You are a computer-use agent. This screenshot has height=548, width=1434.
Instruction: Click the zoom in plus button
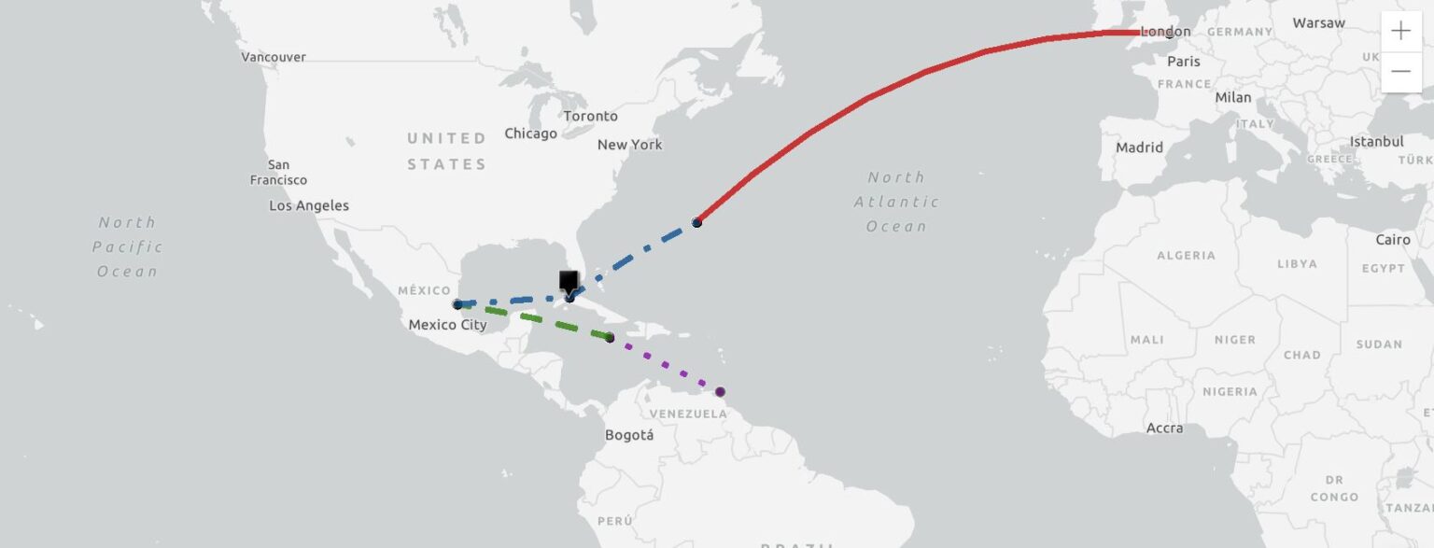1400,31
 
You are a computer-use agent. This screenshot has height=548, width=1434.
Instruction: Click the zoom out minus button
1400,71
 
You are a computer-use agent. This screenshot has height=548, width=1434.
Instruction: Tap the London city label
1166,32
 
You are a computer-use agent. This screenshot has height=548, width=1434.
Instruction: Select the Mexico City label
447,325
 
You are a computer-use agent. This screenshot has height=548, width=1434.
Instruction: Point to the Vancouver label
274,57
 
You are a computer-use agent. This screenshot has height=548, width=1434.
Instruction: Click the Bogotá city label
629,435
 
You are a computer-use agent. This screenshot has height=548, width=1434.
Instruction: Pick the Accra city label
1164,429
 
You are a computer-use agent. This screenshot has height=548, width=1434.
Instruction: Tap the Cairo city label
1393,240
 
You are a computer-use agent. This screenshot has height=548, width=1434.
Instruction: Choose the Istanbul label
1376,142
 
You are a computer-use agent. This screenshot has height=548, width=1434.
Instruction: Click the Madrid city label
1139,148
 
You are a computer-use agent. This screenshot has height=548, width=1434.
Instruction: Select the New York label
629,145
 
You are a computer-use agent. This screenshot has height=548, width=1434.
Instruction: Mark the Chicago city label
530,133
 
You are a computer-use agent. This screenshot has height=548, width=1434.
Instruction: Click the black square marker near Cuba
569,281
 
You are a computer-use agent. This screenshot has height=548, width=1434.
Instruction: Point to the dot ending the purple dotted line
720,392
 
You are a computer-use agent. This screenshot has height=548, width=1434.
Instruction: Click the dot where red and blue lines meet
696,222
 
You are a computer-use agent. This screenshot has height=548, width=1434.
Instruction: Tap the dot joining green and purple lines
610,338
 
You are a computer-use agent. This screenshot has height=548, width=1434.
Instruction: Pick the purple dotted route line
665,365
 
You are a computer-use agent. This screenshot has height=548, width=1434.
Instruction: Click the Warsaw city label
1318,22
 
